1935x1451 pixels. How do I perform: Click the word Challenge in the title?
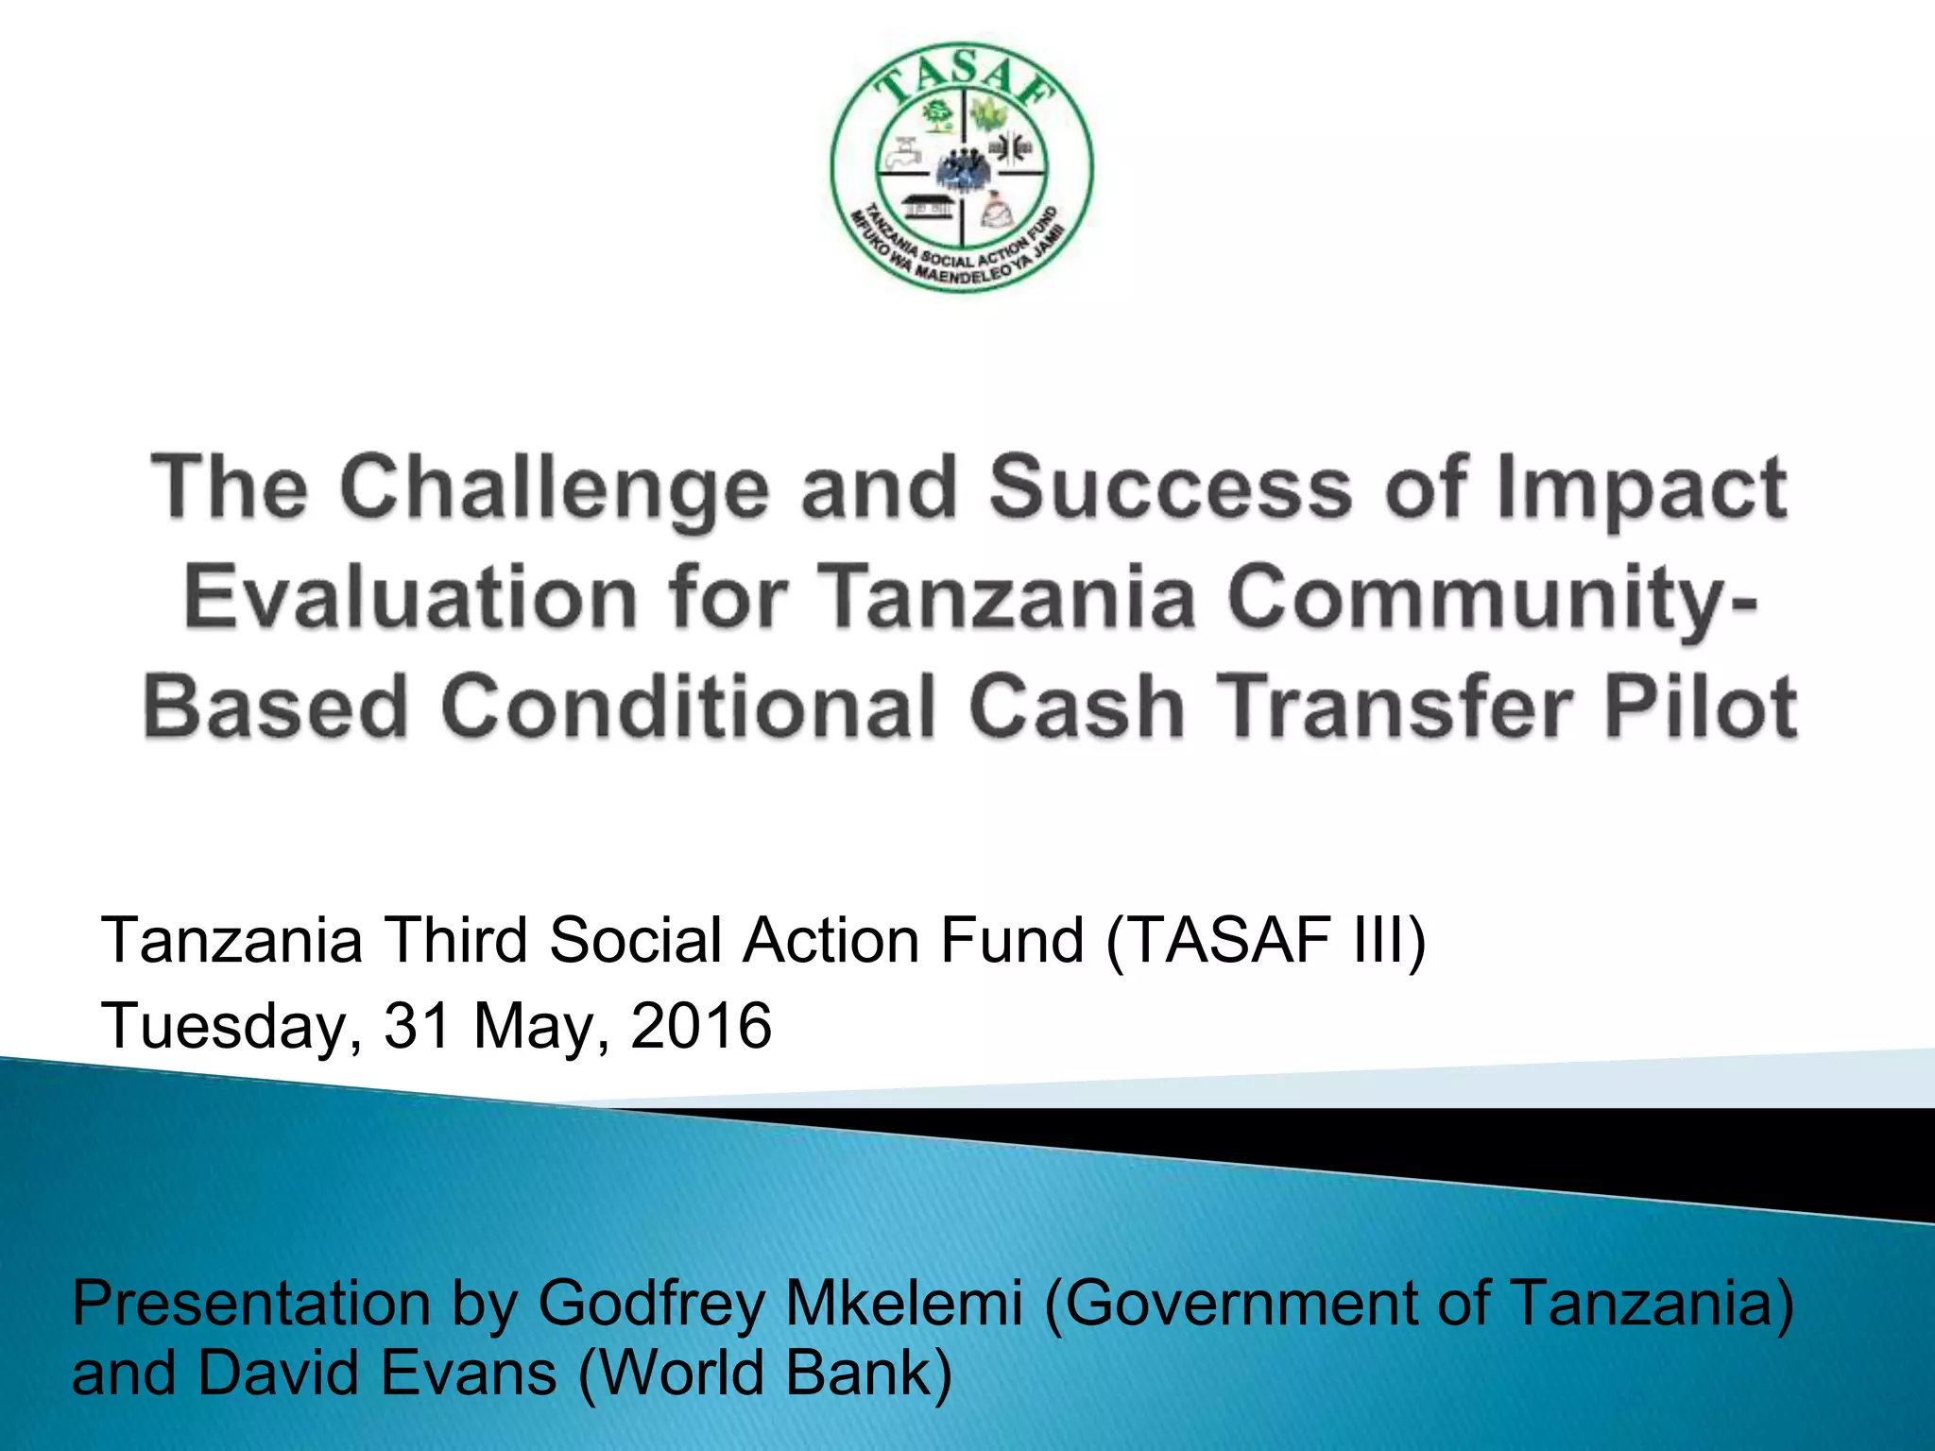[554, 489]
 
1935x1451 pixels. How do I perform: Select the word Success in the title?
[1172, 487]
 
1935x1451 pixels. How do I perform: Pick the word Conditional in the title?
[689, 707]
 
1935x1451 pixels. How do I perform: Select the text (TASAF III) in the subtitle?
[1266, 941]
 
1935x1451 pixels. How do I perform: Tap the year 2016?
[701, 1026]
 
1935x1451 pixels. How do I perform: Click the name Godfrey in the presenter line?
[651, 1304]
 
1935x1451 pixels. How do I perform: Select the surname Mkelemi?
[904, 1304]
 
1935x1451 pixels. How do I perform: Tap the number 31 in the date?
[416, 1026]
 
